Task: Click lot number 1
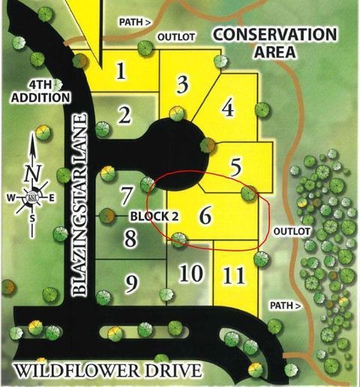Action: pyautogui.click(x=120, y=71)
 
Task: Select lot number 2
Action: pyautogui.click(x=124, y=115)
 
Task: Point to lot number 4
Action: pyautogui.click(x=228, y=109)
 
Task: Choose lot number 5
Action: pyautogui.click(x=235, y=166)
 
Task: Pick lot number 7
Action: pyautogui.click(x=127, y=194)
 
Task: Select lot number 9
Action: pyautogui.click(x=132, y=283)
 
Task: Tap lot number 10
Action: pyautogui.click(x=190, y=272)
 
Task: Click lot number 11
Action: pyautogui.click(x=234, y=275)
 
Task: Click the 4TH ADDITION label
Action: pyautogui.click(x=40, y=91)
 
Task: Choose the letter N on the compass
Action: pyautogui.click(x=31, y=172)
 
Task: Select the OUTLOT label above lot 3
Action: pyautogui.click(x=175, y=36)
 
